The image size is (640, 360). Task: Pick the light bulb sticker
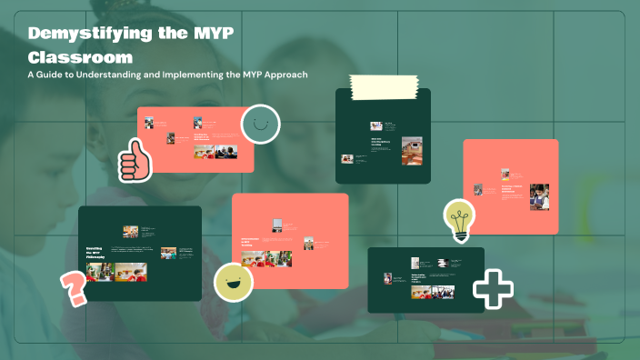click(x=460, y=220)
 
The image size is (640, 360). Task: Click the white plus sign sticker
click(x=493, y=290)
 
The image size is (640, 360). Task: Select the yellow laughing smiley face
click(x=233, y=282)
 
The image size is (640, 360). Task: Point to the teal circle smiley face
click(x=260, y=125)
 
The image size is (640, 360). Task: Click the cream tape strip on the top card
click(x=382, y=86)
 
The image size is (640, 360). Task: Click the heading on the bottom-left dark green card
click(x=98, y=253)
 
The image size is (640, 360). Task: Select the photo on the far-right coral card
click(x=540, y=196)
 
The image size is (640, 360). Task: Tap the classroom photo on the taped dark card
click(x=412, y=150)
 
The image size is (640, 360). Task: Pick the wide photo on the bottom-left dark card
click(x=130, y=272)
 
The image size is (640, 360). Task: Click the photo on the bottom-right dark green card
click(x=445, y=293)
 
